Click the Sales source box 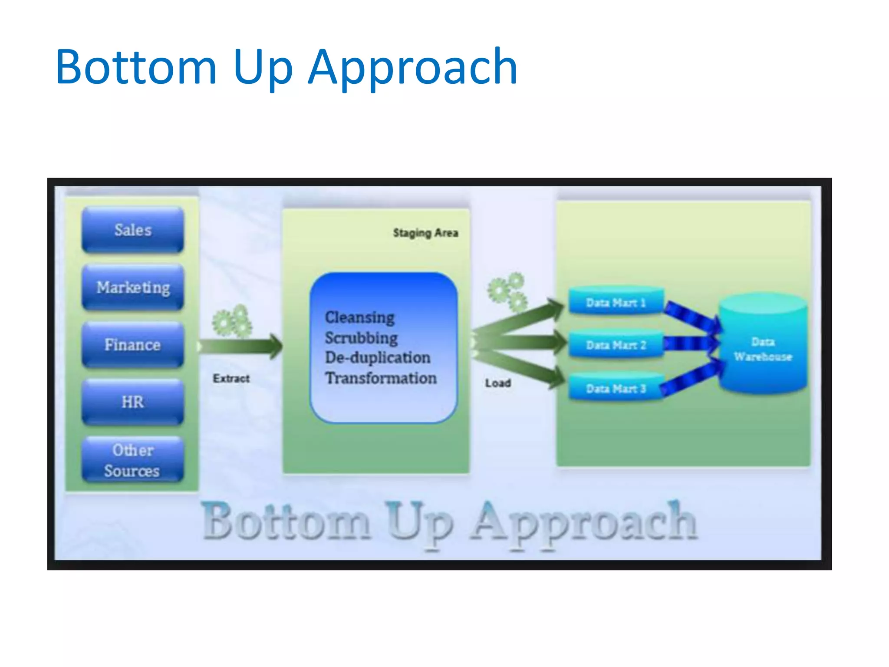click(x=133, y=230)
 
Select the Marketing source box click(x=133, y=287)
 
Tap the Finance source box click(x=133, y=345)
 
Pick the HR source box click(x=133, y=402)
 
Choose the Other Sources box click(x=133, y=460)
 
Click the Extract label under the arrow click(x=231, y=378)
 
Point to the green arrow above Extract click(x=241, y=346)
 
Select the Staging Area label click(x=425, y=233)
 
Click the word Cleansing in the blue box click(x=360, y=317)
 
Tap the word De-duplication click(x=378, y=357)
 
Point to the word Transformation click(x=381, y=378)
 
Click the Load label click(x=498, y=383)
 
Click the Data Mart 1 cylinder click(x=616, y=302)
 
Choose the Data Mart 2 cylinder click(x=616, y=345)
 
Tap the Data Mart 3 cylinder click(x=616, y=388)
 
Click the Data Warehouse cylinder click(x=763, y=347)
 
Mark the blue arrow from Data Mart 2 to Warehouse click(x=690, y=343)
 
